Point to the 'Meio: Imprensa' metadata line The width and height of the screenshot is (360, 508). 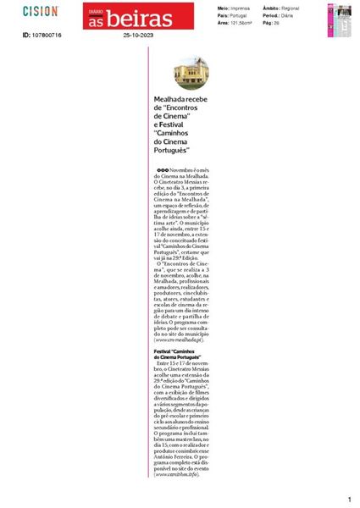click(235, 8)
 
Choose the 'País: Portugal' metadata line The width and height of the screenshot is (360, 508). click(235, 14)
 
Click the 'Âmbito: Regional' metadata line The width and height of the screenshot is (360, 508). click(291, 8)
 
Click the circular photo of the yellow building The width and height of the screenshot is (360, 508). click(191, 73)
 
